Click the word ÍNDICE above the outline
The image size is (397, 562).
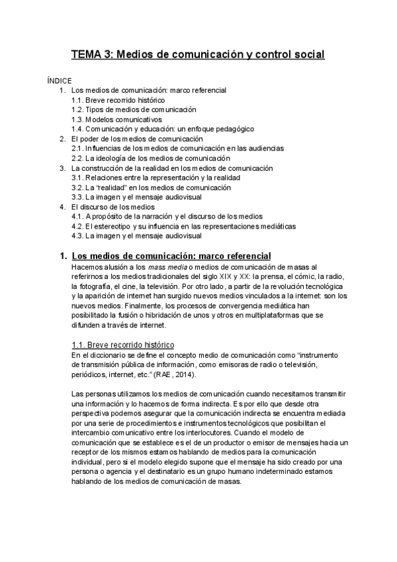pyautogui.click(x=60, y=80)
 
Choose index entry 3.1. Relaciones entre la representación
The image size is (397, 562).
pyautogui.click(x=155, y=178)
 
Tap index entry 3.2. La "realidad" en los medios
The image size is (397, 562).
pyautogui.click(x=146, y=188)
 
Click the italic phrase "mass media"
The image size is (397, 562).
pyautogui.click(x=165, y=266)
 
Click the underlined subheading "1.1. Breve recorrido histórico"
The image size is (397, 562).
pyautogui.click(x=122, y=345)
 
